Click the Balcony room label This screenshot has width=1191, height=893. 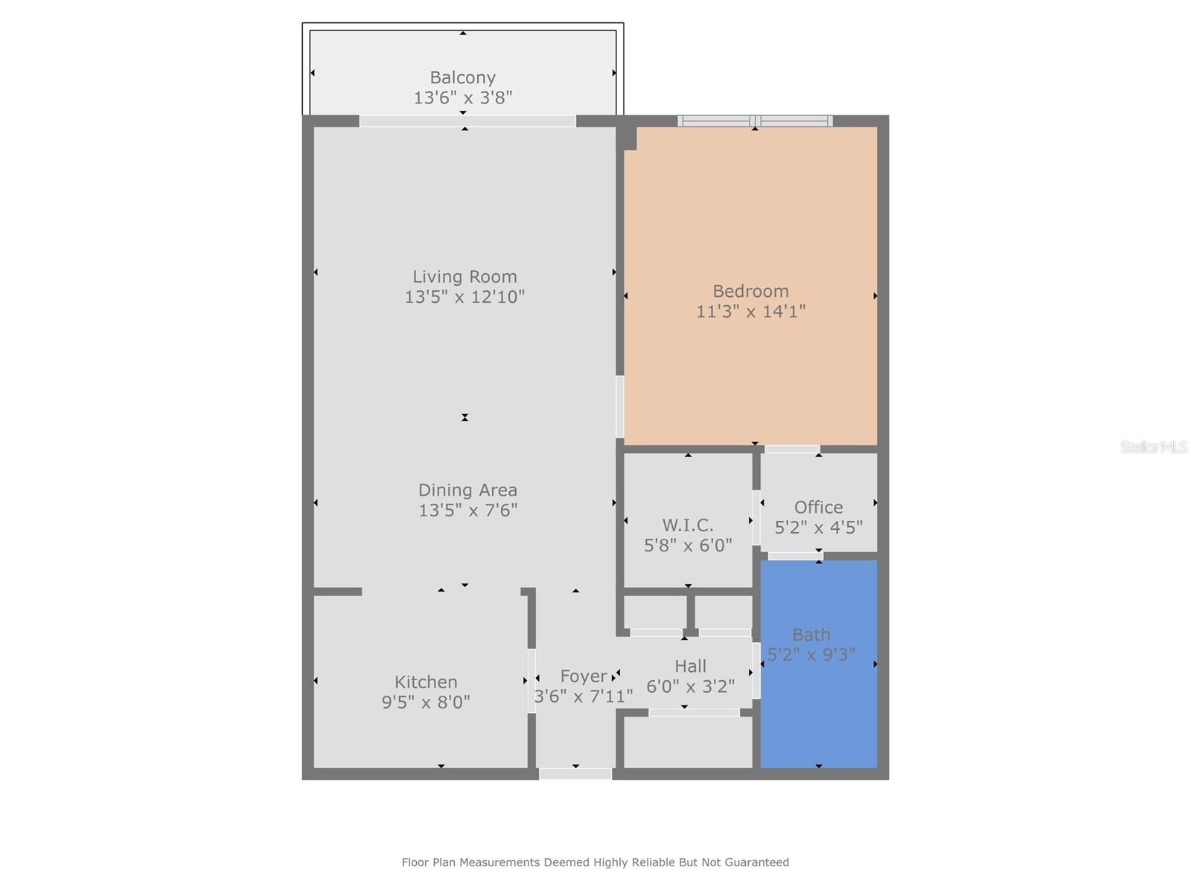click(462, 77)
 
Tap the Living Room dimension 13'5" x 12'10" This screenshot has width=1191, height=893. click(464, 297)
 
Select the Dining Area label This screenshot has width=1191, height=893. click(467, 490)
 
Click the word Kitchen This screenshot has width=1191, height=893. click(426, 682)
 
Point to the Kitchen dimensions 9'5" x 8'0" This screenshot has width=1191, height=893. click(426, 702)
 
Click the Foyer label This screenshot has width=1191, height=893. click(583, 676)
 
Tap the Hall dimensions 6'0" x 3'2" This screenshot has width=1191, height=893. click(690, 686)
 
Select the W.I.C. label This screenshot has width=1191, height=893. click(688, 525)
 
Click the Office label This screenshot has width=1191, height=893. click(818, 508)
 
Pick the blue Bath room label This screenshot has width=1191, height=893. click(811, 635)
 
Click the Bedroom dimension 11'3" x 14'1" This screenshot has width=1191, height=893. click(750, 311)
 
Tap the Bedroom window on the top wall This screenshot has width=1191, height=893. click(755, 121)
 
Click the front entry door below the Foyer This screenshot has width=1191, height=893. click(575, 774)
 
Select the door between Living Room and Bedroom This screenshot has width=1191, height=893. click(619, 406)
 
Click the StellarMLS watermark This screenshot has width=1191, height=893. click(1153, 447)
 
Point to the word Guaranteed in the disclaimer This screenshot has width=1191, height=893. click(758, 862)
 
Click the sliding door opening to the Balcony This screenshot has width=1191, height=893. click(467, 121)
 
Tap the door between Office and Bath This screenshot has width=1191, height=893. click(795, 556)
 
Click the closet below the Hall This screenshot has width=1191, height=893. click(688, 742)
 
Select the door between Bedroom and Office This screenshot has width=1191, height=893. click(792, 449)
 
